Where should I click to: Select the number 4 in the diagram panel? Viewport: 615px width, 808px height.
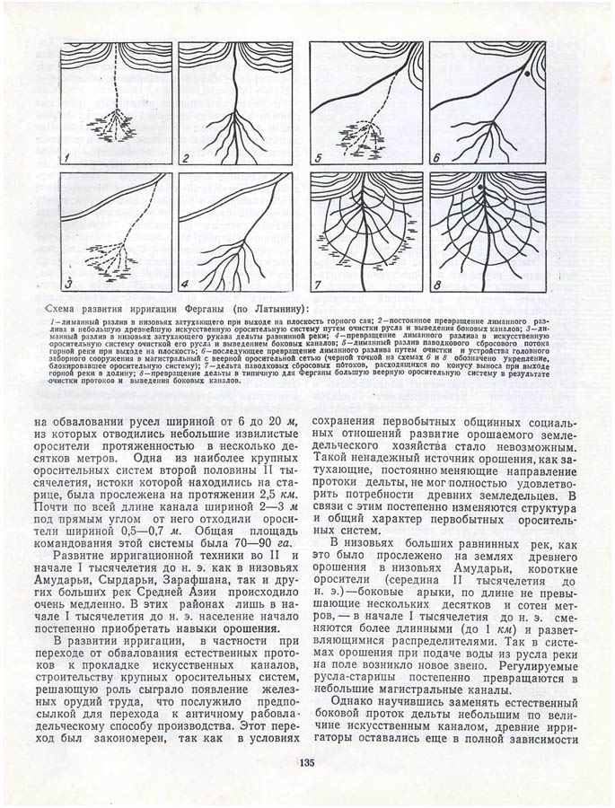(187, 285)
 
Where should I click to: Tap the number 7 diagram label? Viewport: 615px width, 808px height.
(319, 285)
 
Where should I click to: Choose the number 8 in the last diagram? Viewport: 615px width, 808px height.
(438, 285)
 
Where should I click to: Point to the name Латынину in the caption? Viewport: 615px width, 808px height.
(271, 309)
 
